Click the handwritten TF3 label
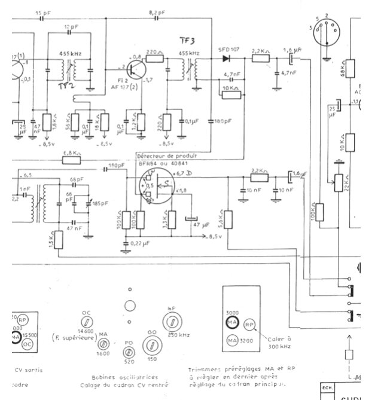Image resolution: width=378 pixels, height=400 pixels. tap(187, 40)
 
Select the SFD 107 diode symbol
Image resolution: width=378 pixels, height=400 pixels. tap(227, 58)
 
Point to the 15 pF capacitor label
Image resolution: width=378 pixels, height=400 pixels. tap(42, 13)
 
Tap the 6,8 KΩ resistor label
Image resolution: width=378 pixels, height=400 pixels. tap(71, 152)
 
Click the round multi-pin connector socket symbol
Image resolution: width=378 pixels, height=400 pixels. tap(326, 28)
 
